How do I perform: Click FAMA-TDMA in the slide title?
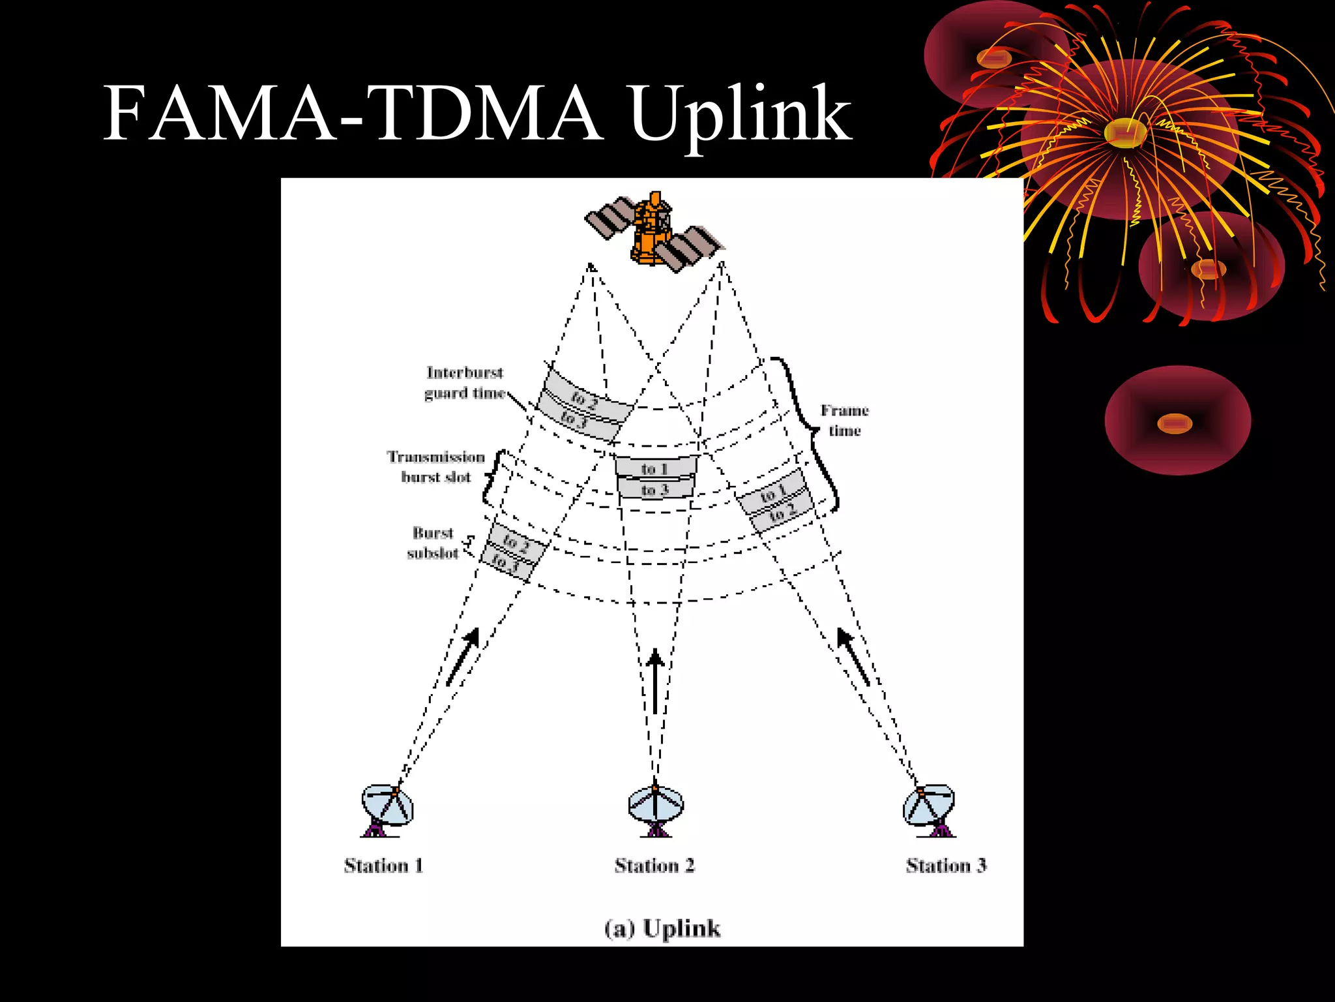[352, 114]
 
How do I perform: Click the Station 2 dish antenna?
[656, 809]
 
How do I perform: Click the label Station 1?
[383, 866]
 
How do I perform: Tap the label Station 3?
[946, 866]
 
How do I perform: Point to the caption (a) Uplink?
[662, 928]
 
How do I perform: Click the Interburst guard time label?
[465, 383]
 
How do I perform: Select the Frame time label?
[844, 420]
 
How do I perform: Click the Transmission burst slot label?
[436, 466]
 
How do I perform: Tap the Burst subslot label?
[433, 543]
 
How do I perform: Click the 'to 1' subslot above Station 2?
[655, 468]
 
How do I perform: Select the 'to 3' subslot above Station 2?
[655, 489]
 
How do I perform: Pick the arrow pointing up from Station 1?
[463, 656]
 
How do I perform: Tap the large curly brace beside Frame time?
[808, 431]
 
